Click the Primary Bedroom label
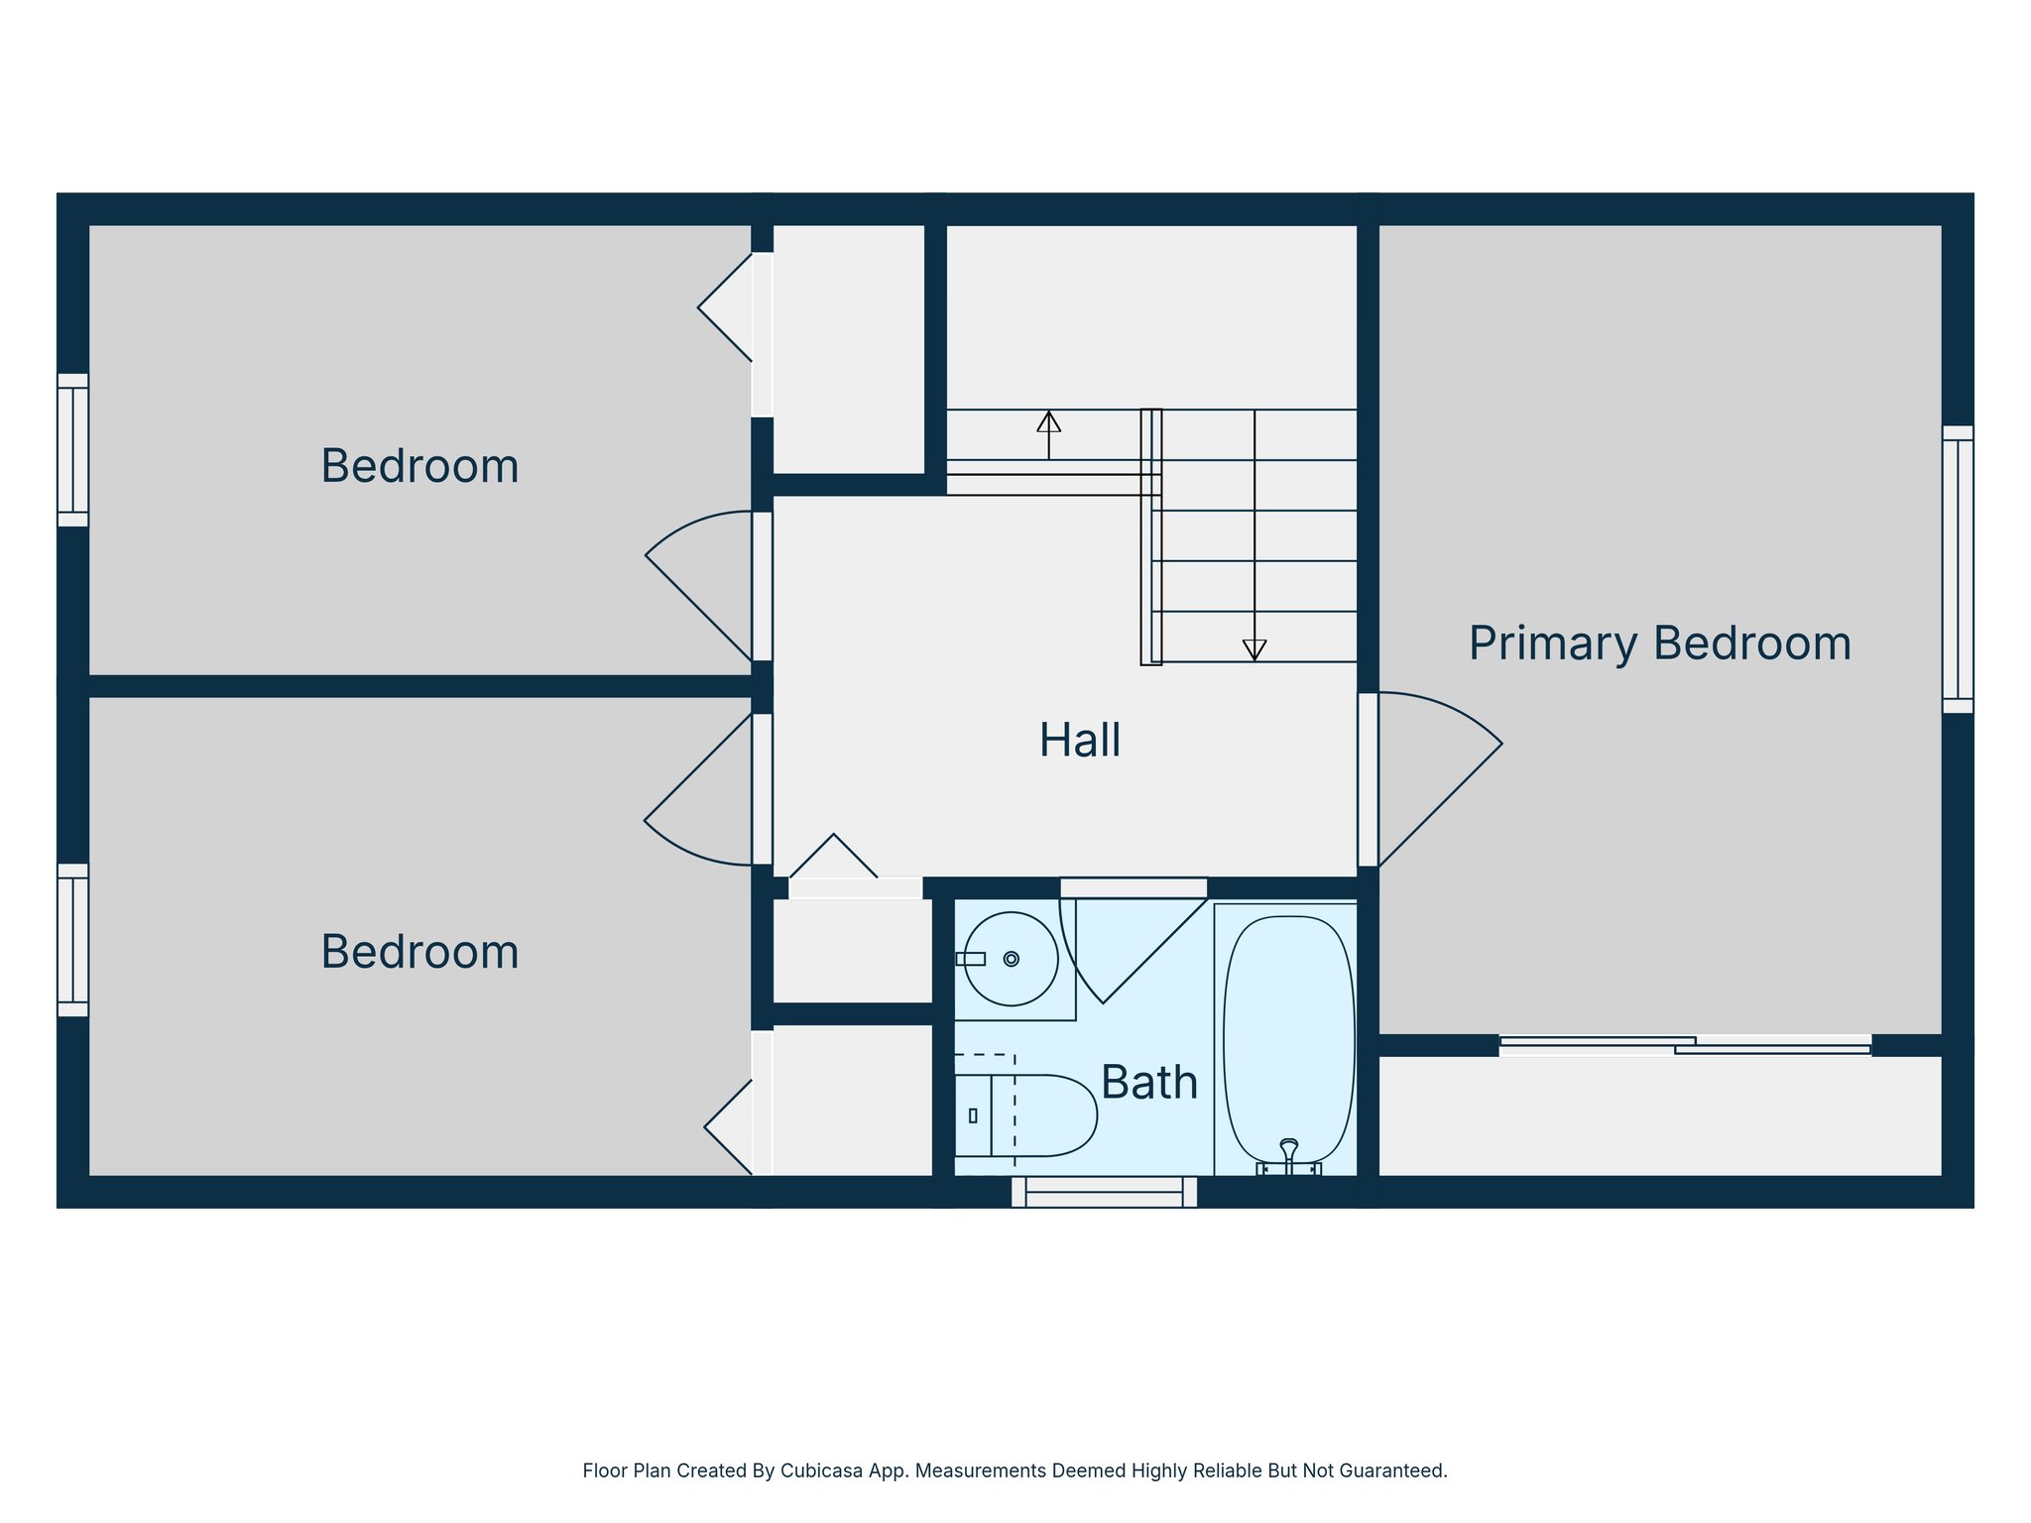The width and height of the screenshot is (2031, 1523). coord(1659,643)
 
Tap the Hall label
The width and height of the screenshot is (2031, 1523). coord(1080,741)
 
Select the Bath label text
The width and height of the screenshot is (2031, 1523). coord(1148,1082)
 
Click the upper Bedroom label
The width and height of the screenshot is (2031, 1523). coord(419,466)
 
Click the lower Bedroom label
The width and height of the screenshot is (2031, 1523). coord(419,952)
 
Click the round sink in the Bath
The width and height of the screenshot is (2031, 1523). coord(1011,959)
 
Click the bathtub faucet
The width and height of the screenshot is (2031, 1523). coord(1288,1154)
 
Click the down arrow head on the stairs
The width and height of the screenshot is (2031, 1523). coord(1254,650)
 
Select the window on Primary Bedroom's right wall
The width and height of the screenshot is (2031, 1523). coord(1957,569)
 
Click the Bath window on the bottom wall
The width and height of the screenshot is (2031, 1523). coord(1104,1192)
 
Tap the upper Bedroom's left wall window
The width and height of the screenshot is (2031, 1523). coord(73,450)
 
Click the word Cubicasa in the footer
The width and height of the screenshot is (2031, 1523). coord(816,1470)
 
